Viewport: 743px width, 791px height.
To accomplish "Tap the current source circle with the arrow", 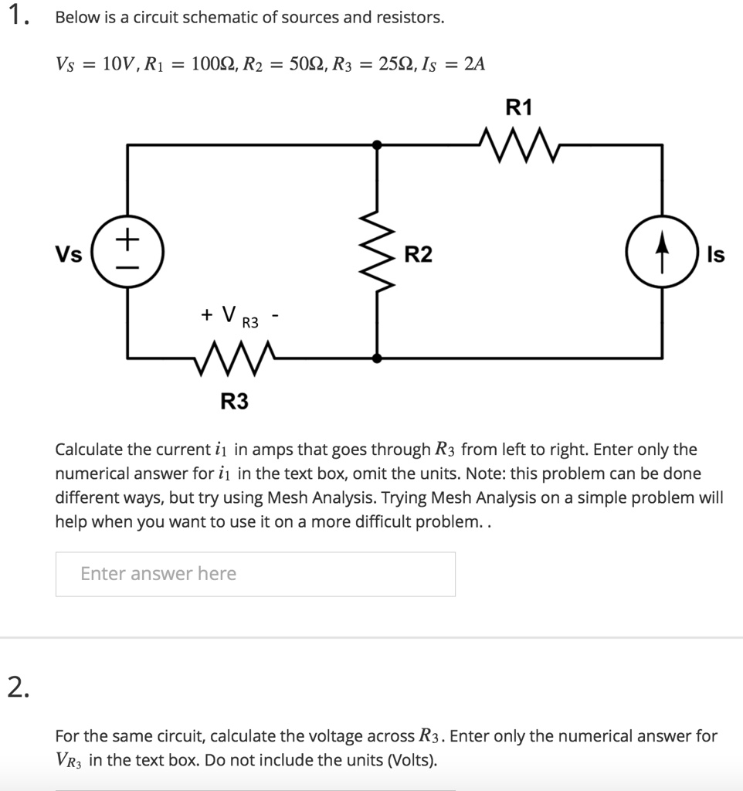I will pyautogui.click(x=662, y=253).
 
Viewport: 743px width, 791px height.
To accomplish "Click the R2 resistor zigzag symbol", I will pyautogui.click(x=377, y=252).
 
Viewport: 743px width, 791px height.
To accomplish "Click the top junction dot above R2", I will pyautogui.click(x=377, y=144).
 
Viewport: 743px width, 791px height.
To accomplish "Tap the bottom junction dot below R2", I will pyautogui.click(x=377, y=358).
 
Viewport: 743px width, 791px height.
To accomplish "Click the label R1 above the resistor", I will pyautogui.click(x=518, y=108).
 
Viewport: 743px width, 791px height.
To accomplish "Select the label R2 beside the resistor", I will pyautogui.click(x=419, y=254).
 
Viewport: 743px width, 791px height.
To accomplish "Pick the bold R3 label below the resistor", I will pyautogui.click(x=235, y=402).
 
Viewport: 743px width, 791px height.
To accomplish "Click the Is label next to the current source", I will pyautogui.click(x=715, y=254).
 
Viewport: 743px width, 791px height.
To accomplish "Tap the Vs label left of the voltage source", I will pyautogui.click(x=68, y=254).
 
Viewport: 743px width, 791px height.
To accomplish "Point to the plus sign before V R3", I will pyautogui.click(x=207, y=314).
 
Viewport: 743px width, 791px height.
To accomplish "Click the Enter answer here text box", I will pyautogui.click(x=255, y=574).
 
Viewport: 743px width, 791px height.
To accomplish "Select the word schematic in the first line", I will pyautogui.click(x=221, y=17).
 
